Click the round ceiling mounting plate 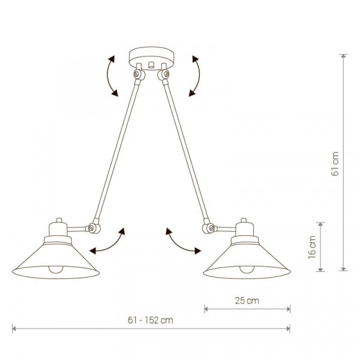151,58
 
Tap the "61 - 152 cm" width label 151,320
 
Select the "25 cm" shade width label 247,301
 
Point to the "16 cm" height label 312,247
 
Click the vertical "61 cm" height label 335,164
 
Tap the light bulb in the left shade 56,269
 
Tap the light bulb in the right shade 247,269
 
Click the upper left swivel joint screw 137,74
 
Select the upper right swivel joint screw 166,74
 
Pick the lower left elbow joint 94,227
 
